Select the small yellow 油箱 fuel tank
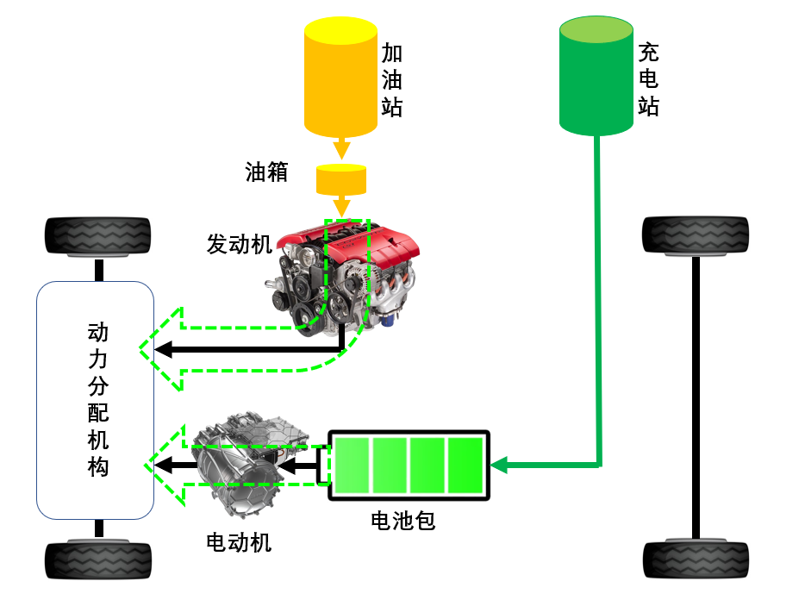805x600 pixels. click(341, 179)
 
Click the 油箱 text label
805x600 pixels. click(266, 172)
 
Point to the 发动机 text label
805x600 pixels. click(239, 244)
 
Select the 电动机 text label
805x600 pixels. click(239, 542)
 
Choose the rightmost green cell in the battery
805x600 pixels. click(465, 466)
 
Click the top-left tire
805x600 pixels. click(98, 235)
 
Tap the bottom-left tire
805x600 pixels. click(98, 559)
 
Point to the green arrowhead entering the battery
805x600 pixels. click(500, 466)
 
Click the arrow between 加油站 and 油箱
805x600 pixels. click(341, 149)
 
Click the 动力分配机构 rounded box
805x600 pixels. click(95, 400)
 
